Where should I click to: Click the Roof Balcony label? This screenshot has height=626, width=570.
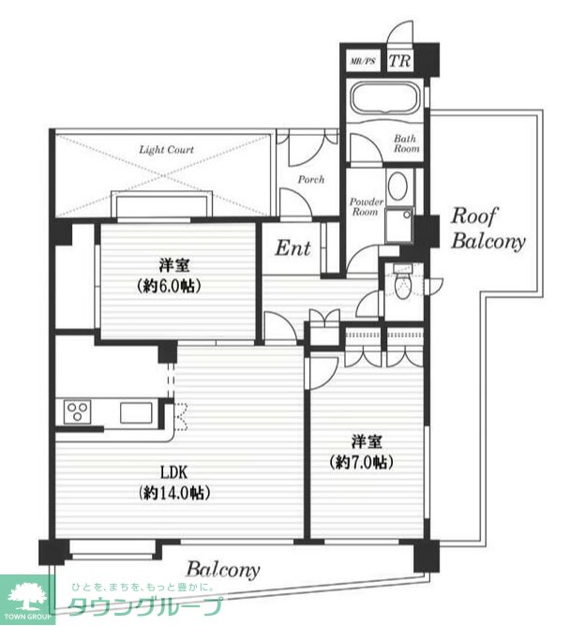488,229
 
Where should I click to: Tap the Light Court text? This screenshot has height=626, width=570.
166,150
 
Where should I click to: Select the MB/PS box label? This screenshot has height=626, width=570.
363,61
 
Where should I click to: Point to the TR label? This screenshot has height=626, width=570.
399,61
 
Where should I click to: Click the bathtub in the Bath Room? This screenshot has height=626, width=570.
384,98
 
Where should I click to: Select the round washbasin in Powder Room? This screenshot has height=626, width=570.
397,186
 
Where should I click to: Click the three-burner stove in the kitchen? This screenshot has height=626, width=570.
78,412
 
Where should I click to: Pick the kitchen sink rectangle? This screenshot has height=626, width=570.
136,412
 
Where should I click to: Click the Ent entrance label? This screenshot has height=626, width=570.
292,248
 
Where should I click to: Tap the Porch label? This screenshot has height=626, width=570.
311,180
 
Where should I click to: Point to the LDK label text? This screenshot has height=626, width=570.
173,472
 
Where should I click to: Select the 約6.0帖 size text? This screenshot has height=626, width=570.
169,286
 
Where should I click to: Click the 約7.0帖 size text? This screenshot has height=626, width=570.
362,462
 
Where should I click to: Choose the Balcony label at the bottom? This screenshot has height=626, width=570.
223,570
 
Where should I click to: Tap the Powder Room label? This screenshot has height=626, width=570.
367,207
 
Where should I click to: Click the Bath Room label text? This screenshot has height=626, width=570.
407,143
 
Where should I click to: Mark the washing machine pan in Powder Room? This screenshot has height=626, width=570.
399,225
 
